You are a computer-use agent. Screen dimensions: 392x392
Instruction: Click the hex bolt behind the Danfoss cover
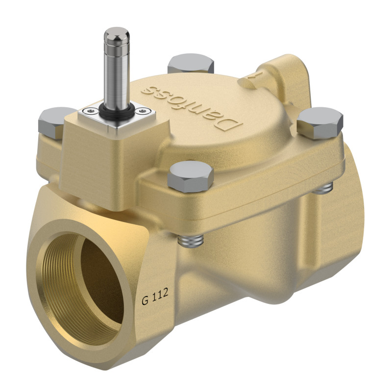191,65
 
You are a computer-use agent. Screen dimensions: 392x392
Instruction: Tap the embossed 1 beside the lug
253,75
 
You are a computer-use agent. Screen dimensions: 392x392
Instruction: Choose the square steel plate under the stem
115,115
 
